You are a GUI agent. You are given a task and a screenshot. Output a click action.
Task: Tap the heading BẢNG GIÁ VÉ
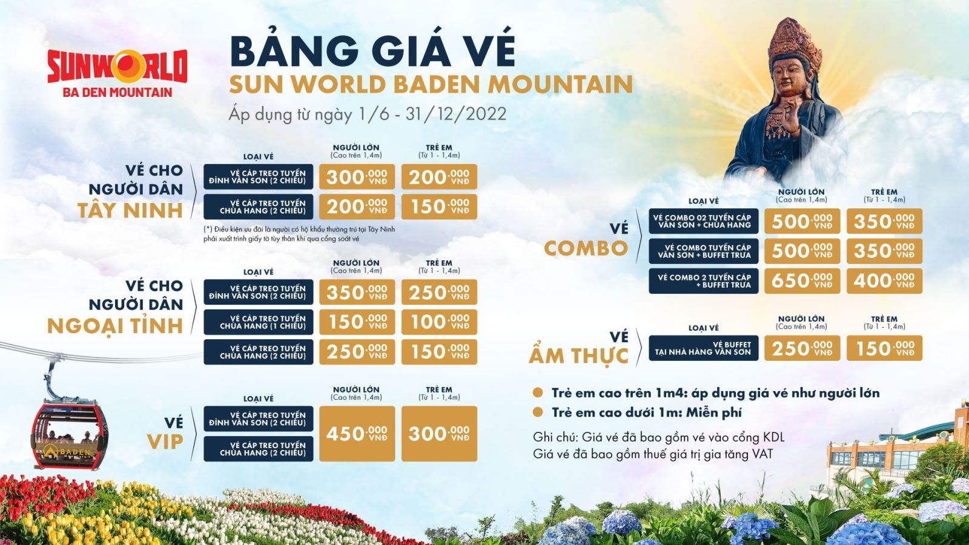[x=372, y=51]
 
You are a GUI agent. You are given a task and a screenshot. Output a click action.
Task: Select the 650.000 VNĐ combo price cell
[x=802, y=281]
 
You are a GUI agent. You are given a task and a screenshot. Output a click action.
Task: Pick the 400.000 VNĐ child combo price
[x=884, y=281]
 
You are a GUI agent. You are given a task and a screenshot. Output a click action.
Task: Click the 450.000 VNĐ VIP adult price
[x=357, y=434]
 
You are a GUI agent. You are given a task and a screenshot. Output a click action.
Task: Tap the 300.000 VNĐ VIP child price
[x=439, y=434]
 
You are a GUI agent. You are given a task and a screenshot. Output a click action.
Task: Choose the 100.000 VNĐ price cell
[x=439, y=322]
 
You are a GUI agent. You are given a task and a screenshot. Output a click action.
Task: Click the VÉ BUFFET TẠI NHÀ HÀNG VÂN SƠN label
[x=703, y=348]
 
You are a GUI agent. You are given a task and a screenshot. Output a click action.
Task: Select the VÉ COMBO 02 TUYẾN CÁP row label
[x=703, y=221]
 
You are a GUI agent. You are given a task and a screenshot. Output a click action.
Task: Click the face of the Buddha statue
[x=793, y=77]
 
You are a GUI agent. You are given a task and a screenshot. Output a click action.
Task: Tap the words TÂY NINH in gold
[x=130, y=211]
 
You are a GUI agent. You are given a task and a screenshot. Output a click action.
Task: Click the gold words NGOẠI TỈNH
[x=115, y=326]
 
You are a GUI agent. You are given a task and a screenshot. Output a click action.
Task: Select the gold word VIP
[x=165, y=442]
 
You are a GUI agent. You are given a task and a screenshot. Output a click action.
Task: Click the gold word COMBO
[x=586, y=248]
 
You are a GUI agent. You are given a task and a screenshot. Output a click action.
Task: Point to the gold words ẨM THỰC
[x=579, y=356]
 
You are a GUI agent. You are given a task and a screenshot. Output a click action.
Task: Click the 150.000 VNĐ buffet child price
[x=884, y=348]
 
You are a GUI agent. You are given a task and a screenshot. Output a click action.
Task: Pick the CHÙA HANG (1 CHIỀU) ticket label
[x=259, y=322]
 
